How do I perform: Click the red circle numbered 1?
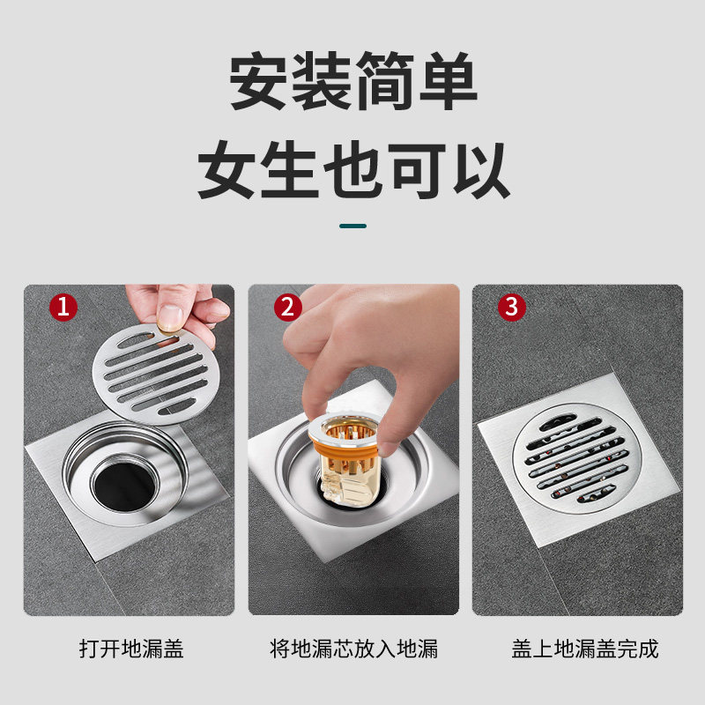pyautogui.click(x=63, y=308)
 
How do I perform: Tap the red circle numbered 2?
pyautogui.click(x=287, y=308)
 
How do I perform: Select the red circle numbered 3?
pyautogui.click(x=511, y=308)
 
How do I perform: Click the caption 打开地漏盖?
pyautogui.click(x=130, y=650)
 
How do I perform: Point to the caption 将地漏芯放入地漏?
pyautogui.click(x=353, y=650)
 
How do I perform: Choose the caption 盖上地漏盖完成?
pyautogui.click(x=585, y=650)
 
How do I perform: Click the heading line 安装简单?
pyautogui.click(x=353, y=84)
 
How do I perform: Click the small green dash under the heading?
pyautogui.click(x=353, y=226)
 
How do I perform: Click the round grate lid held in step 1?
pyautogui.click(x=152, y=375)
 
